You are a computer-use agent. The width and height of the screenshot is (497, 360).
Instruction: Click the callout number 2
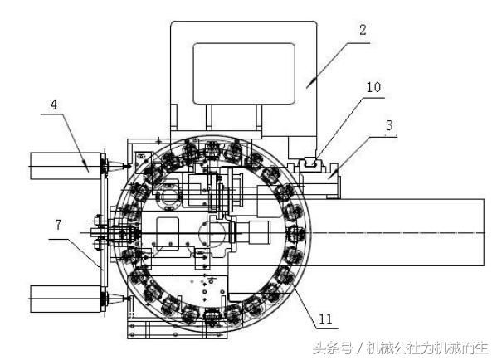pyautogui.click(x=363, y=30)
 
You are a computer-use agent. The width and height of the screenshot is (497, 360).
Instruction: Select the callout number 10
pyautogui.click(x=373, y=87)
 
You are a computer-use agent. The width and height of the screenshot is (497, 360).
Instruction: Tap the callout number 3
pyautogui.click(x=389, y=125)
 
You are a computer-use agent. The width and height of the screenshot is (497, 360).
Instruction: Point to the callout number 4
pyautogui.click(x=54, y=105)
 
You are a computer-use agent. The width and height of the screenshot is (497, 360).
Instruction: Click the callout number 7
pyautogui.click(x=58, y=225)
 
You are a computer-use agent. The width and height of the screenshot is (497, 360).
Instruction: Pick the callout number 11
pyautogui.click(x=325, y=319)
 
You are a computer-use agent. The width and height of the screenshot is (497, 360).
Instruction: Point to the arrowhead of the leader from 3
pyautogui.click(x=332, y=175)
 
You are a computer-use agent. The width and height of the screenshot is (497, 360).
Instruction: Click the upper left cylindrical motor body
pyautogui.click(x=66, y=166)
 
